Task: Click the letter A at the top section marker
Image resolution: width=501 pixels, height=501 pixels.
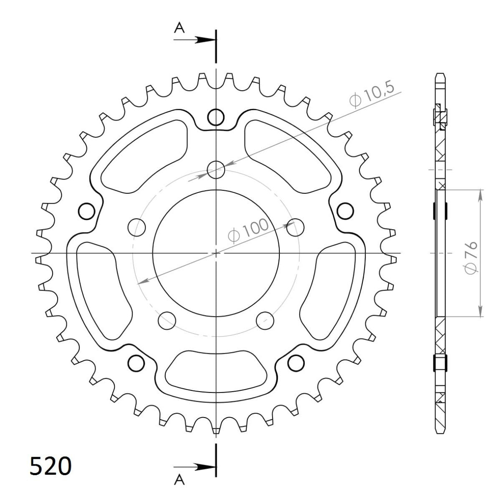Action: (x=179, y=28)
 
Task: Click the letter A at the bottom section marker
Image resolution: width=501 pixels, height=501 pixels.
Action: (x=179, y=481)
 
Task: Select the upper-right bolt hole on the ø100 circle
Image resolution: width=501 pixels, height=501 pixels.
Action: (x=295, y=227)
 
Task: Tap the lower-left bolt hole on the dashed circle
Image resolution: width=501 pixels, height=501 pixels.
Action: (x=167, y=319)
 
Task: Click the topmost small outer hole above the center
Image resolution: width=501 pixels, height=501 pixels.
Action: (x=216, y=117)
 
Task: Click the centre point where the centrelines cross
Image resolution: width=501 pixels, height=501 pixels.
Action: (x=216, y=253)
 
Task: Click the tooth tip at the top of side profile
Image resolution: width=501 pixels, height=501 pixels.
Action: (x=440, y=75)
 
